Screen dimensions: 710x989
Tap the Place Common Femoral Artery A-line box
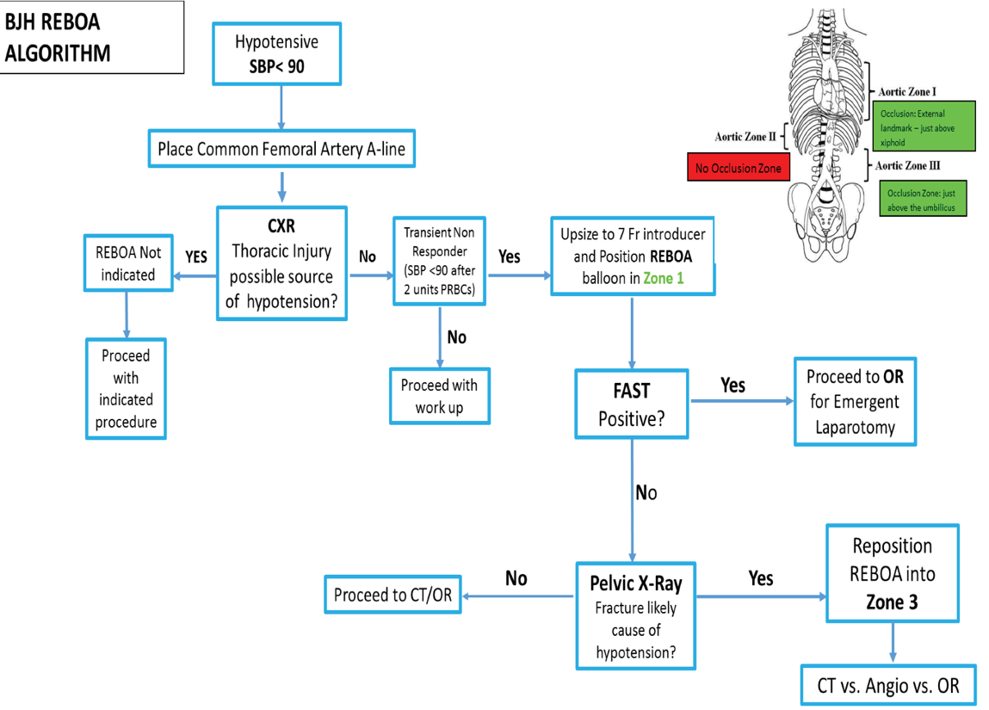(x=281, y=150)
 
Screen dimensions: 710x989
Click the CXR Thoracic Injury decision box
(x=281, y=263)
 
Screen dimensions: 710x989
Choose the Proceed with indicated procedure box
(x=126, y=388)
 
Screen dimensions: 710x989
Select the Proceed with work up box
(x=439, y=397)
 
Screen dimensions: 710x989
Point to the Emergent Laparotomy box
(x=854, y=401)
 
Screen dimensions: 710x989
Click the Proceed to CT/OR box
(x=392, y=595)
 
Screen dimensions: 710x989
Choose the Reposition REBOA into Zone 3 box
(x=892, y=573)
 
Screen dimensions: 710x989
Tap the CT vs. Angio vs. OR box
(x=887, y=686)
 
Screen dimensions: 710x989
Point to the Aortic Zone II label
(x=745, y=136)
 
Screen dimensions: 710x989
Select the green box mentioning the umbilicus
(x=921, y=201)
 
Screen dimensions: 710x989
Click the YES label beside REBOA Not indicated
(x=196, y=256)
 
